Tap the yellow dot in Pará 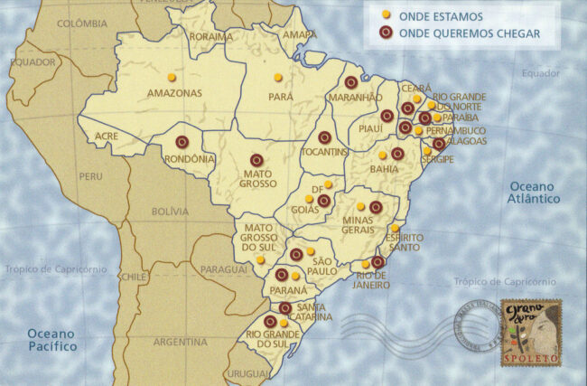[x=278, y=77]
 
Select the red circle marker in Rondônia [x=182, y=142]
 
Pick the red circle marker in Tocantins [x=324, y=137]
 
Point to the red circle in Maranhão [x=350, y=82]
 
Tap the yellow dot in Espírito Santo [x=395, y=229]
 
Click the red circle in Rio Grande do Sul [x=270, y=321]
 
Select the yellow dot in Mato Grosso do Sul [x=260, y=259]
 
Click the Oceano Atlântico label [x=532, y=192]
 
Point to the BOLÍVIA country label [x=170, y=212]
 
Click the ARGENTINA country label [x=181, y=343]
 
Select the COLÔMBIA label [x=82, y=24]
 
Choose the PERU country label [x=90, y=176]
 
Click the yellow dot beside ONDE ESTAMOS [x=386, y=15]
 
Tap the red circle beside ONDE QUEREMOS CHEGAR [x=386, y=33]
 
